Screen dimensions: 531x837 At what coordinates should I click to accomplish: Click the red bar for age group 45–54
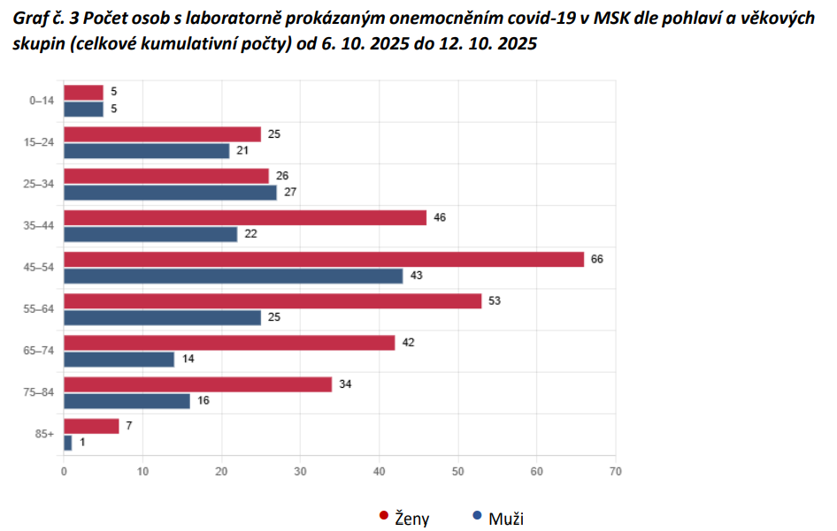[x=324, y=259]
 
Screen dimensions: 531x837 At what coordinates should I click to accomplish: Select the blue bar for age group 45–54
[x=233, y=276]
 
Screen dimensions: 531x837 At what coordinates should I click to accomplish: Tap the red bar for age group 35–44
[x=245, y=217]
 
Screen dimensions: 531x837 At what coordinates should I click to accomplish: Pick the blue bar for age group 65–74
[x=119, y=359]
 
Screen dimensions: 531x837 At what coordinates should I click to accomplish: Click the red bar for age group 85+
[x=91, y=426]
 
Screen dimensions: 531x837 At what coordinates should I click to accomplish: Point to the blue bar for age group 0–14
[x=84, y=110]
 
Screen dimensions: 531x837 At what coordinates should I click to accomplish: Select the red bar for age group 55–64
[x=273, y=300]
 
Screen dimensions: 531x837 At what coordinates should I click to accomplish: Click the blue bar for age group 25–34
[x=170, y=193]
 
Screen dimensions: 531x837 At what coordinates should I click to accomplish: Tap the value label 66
[x=596, y=259]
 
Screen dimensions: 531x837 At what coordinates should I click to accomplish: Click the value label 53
[x=494, y=300]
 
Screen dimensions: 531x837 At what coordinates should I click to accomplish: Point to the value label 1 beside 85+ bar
[x=82, y=443]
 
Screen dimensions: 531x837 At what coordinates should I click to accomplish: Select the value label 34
[x=344, y=383]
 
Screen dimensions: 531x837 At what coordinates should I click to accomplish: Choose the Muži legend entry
[x=504, y=518]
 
